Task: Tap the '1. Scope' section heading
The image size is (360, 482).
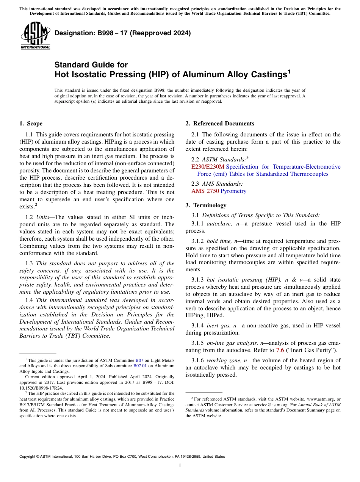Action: point(31,124)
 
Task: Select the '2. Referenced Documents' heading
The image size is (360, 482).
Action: point(220,124)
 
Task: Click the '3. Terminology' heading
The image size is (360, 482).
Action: point(206,205)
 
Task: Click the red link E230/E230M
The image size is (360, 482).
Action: point(208,167)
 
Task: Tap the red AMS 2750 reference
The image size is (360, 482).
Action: point(205,191)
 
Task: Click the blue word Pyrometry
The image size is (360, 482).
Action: point(233,191)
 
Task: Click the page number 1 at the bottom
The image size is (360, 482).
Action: point(180,465)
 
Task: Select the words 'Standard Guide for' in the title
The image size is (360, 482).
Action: point(91,65)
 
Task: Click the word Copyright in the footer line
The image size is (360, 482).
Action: point(29,457)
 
